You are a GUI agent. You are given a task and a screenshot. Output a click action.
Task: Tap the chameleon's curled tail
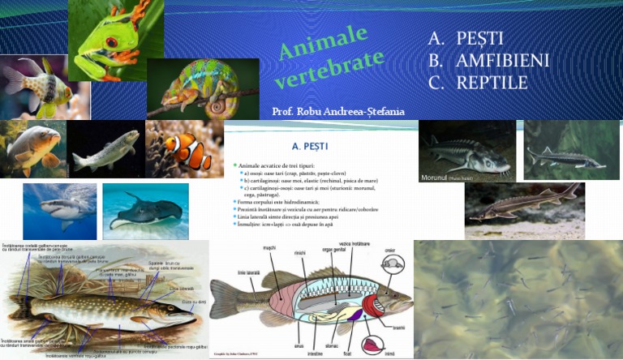pos(217,105)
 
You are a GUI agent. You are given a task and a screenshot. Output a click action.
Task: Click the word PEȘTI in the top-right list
pos(479,38)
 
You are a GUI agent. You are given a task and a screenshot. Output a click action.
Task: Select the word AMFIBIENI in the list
pos(503,60)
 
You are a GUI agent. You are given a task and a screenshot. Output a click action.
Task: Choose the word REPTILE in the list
pos(492,82)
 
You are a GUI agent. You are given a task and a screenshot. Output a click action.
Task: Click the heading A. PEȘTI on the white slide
pos(307,146)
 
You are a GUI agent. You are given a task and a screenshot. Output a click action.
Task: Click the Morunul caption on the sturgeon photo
pos(439,176)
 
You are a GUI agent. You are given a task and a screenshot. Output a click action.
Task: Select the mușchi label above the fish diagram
pos(270,250)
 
